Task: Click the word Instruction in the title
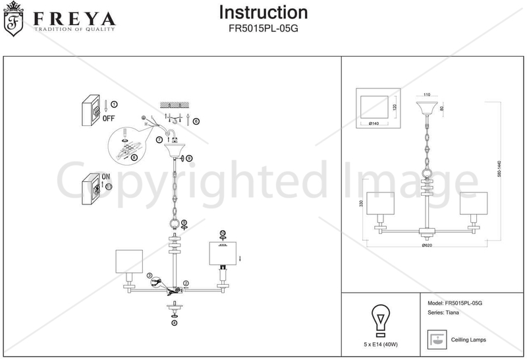pyautogui.click(x=263, y=13)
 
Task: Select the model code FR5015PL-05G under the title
pyautogui.click(x=263, y=28)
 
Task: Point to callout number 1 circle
pyautogui.click(x=114, y=104)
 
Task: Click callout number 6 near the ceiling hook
pyautogui.click(x=196, y=121)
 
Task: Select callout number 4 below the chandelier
pyautogui.click(x=175, y=323)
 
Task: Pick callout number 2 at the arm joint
pyautogui.click(x=186, y=284)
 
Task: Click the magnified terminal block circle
pyautogui.click(x=129, y=146)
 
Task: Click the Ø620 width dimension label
pyautogui.click(x=426, y=245)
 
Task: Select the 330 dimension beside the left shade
pyautogui.click(x=361, y=204)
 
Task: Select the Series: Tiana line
pyautogui.click(x=445, y=314)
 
